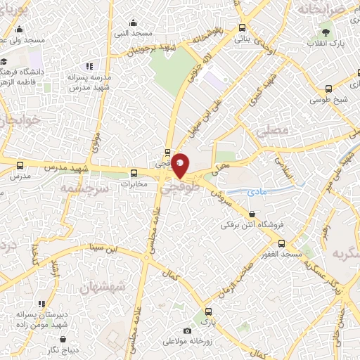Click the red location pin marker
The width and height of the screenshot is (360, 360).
pyautogui.click(x=181, y=166)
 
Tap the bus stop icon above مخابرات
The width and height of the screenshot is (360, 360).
pyautogui.click(x=134, y=173)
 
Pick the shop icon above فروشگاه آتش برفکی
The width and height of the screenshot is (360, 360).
pyautogui.click(x=252, y=214)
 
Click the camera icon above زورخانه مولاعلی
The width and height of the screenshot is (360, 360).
pyautogui.click(x=187, y=330)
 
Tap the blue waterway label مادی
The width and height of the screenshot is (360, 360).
pyautogui.click(x=257, y=191)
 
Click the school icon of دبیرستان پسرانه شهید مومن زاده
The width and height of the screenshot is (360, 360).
pyautogui.click(x=41, y=304)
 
